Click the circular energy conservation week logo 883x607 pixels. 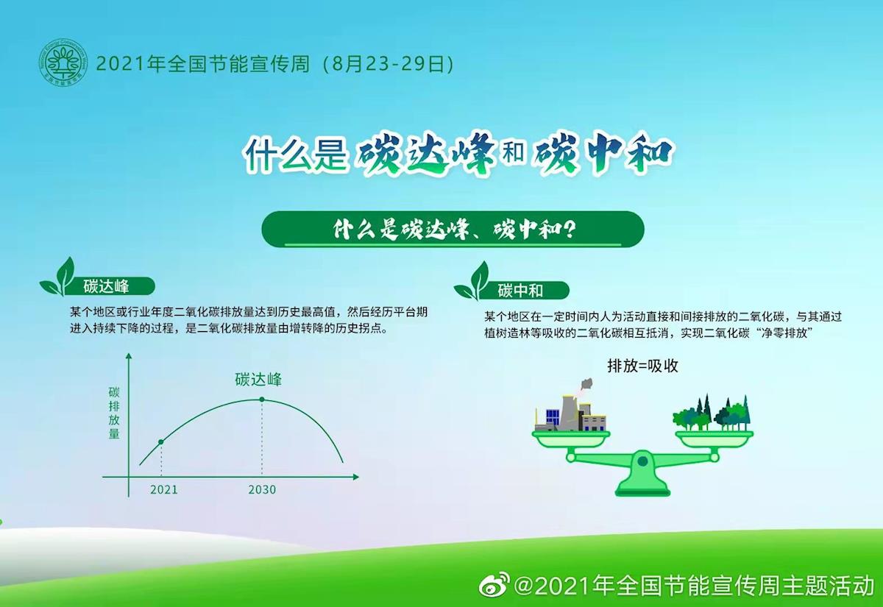tap(63, 63)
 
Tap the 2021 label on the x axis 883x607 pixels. tap(164, 489)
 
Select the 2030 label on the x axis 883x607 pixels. tap(262, 489)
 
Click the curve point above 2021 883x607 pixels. tap(161, 442)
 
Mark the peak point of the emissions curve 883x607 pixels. tap(262, 400)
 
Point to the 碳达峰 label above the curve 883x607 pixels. tap(258, 379)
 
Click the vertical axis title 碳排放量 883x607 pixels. tap(114, 413)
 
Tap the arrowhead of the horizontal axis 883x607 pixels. tap(355, 477)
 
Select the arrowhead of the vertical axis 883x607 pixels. tap(128, 357)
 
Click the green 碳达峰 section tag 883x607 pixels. tap(107, 286)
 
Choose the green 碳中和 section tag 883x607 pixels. tap(520, 291)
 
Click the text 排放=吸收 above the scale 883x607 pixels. tap(642, 366)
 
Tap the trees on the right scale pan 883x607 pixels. tap(712, 413)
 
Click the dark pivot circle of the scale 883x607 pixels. tap(642, 461)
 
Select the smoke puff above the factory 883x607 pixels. tap(586, 384)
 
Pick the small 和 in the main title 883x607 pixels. tap(514, 152)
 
